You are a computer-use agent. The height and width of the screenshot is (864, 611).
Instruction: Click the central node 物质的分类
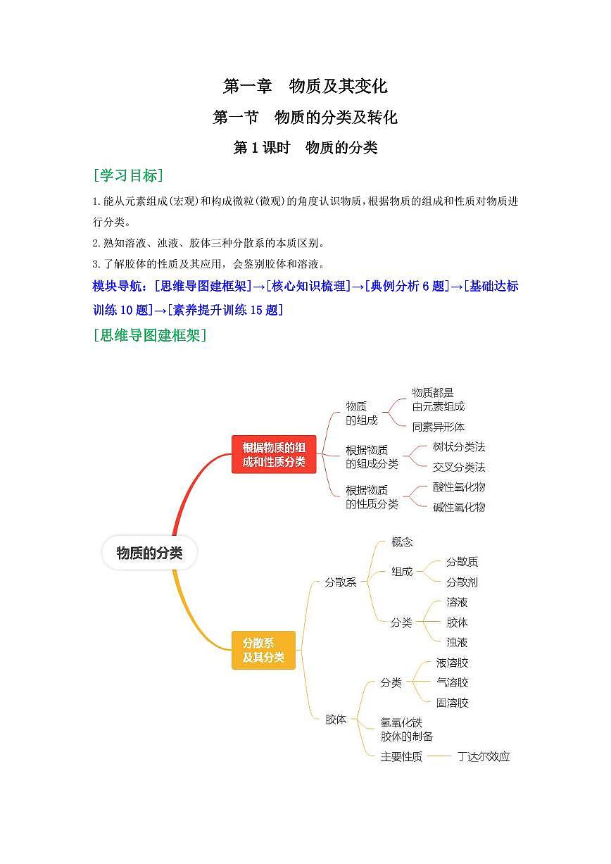[x=149, y=553]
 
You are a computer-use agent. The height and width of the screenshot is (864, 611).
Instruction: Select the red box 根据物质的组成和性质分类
[x=274, y=454]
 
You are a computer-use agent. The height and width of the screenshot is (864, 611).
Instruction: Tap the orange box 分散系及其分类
[x=263, y=650]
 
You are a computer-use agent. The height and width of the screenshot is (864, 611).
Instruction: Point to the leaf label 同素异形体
[x=439, y=427]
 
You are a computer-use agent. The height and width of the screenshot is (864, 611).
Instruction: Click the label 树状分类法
[x=459, y=446]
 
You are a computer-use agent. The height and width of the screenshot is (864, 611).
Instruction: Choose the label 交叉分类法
[x=459, y=467]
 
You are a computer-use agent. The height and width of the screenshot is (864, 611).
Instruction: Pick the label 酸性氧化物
[x=459, y=487]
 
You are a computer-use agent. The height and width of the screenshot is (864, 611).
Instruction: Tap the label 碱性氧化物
[x=459, y=507]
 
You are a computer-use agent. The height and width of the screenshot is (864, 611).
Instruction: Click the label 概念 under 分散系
[x=402, y=542]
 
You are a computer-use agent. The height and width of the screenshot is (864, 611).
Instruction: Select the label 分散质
[x=462, y=562]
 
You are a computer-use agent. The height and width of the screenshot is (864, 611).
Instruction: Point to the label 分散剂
[x=462, y=582]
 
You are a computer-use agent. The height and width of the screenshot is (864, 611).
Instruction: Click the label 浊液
[x=457, y=642]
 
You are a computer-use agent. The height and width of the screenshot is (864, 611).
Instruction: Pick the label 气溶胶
[x=452, y=682]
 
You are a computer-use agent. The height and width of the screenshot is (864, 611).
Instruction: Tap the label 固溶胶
[x=452, y=702]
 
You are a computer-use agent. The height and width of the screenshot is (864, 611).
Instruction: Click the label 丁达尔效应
[x=484, y=756]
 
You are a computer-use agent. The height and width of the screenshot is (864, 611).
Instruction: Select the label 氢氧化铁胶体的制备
[x=406, y=729]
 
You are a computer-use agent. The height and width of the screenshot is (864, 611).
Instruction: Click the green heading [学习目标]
[x=128, y=175]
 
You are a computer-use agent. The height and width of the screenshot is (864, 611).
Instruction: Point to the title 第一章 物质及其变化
[x=305, y=86]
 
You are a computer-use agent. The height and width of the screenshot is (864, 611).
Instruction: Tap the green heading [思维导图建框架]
[x=149, y=334]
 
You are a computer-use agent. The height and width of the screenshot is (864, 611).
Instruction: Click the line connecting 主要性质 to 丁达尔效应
[x=439, y=756]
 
